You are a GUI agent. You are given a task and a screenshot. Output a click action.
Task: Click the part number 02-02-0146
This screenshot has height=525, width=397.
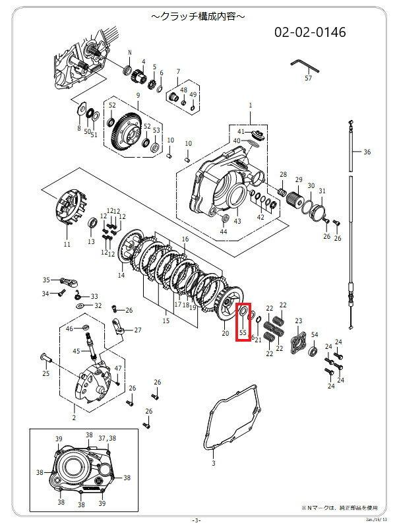click(x=310, y=32)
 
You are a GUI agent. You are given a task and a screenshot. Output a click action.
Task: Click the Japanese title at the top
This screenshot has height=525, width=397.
click(x=198, y=14)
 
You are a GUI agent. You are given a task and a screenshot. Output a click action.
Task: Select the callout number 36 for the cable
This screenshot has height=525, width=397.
click(x=367, y=152)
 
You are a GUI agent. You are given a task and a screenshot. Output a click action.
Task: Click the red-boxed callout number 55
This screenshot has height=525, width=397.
click(x=243, y=334)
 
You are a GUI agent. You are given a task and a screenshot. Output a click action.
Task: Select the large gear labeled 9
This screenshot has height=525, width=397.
click(x=125, y=128)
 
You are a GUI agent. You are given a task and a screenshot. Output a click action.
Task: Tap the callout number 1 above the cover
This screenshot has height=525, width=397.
click(x=250, y=106)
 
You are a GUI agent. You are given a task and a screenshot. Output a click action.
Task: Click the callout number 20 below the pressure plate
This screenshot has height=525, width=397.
click(x=226, y=334)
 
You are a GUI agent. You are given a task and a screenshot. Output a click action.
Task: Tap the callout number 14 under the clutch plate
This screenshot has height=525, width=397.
click(x=121, y=275)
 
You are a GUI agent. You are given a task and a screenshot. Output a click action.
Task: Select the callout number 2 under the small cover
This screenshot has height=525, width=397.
click(x=74, y=417)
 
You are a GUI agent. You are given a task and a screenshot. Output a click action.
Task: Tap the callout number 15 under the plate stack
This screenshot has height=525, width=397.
click(x=166, y=321)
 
